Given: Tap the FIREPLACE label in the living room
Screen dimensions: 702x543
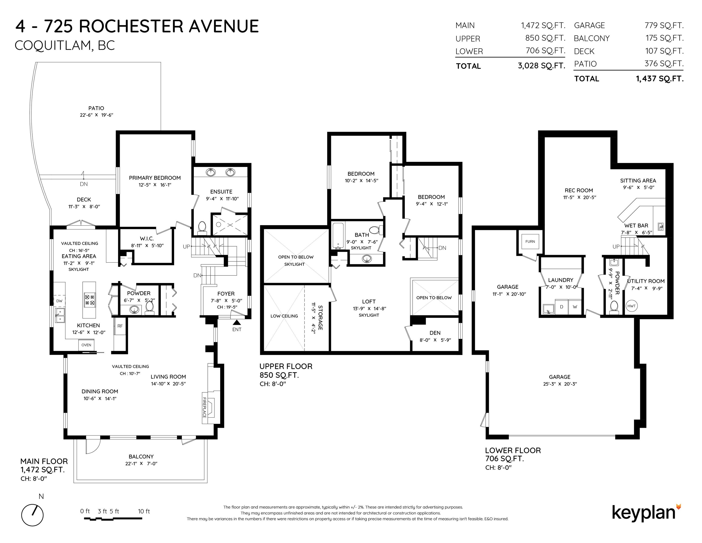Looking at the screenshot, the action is click(204, 407).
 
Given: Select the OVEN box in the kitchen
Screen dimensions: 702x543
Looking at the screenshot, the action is click(86, 345).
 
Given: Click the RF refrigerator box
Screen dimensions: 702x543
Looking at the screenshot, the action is click(120, 326).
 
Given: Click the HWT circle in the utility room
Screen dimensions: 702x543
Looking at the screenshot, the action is click(632, 306).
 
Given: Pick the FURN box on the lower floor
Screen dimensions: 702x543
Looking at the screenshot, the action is click(530, 242).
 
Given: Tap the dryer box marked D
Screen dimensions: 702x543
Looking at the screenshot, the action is click(562, 307).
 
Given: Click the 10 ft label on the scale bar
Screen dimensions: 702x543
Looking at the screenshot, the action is click(144, 511).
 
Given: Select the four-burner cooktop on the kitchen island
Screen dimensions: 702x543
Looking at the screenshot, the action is click(89, 300).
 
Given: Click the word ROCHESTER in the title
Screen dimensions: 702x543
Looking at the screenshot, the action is click(131, 26).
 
